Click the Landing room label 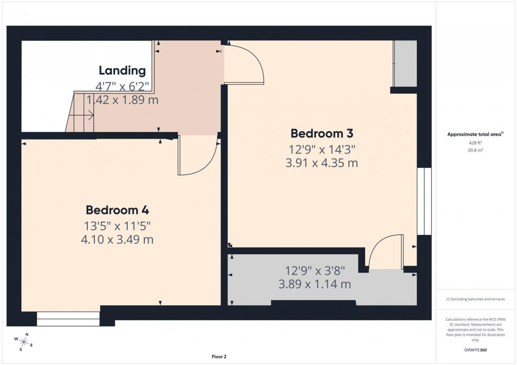(122, 71)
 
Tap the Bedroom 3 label (321, 134)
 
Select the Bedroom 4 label (117, 210)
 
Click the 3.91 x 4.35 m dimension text (321, 163)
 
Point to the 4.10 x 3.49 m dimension (117, 239)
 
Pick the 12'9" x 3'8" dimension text (315, 271)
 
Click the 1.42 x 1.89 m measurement (122, 100)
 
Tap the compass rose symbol (24, 341)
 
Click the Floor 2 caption (218, 357)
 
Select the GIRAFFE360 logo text (475, 350)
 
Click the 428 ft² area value (475, 143)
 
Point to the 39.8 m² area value (475, 150)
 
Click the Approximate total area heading (474, 134)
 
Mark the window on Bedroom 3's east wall (424, 201)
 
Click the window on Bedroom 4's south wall (68, 318)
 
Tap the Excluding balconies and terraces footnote (475, 299)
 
